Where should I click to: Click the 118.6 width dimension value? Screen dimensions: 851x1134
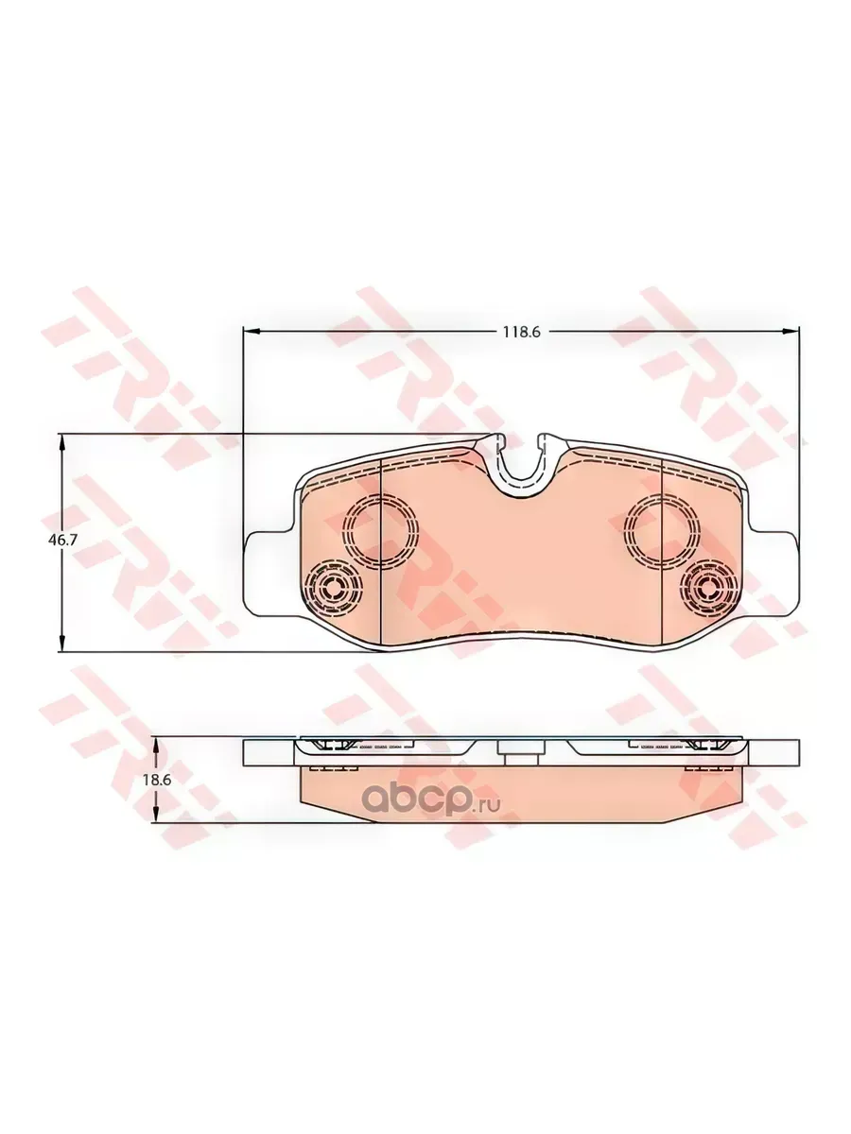click(x=522, y=333)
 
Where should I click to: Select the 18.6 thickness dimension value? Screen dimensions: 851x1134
click(x=157, y=781)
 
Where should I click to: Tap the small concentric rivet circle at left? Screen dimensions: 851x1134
click(x=333, y=587)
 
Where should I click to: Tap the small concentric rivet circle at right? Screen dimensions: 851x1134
click(x=709, y=587)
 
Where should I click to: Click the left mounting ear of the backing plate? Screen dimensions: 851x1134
click(x=269, y=573)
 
